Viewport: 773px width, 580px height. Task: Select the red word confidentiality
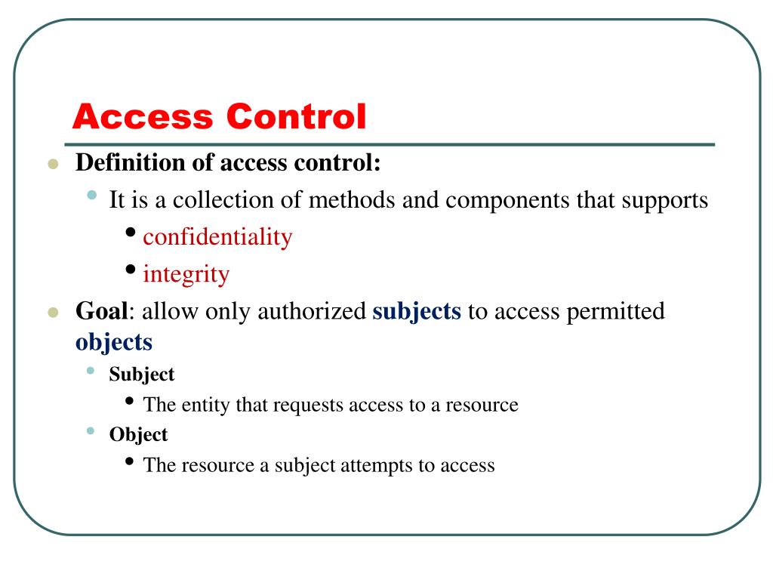click(217, 236)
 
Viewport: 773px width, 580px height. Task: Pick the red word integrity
click(186, 274)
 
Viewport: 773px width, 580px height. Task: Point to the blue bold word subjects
click(417, 311)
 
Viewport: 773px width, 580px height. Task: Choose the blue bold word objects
click(114, 342)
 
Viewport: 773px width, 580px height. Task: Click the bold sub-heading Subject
click(142, 374)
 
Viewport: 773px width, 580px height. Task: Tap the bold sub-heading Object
click(138, 434)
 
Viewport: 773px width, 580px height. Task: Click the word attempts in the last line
click(373, 465)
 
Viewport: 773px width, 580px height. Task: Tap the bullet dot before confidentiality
click(132, 232)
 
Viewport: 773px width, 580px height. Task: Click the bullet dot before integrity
click(132, 269)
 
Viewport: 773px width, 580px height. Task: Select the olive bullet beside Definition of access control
click(52, 164)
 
